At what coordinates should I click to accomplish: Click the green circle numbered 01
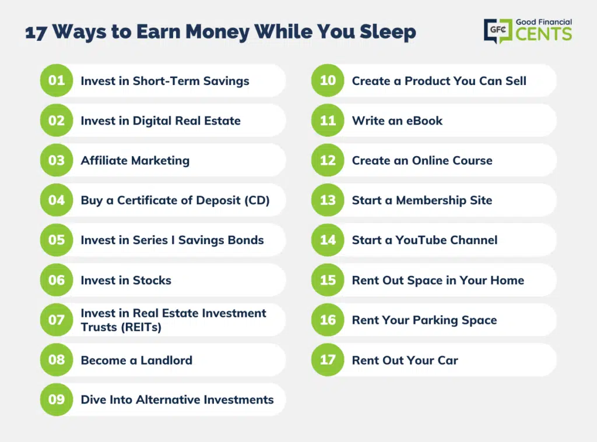point(57,80)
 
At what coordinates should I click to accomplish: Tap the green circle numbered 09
point(57,399)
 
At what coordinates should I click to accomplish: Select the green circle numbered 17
point(328,359)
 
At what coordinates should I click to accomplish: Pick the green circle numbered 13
point(328,200)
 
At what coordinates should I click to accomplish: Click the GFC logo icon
point(498,31)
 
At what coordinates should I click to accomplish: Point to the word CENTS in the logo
point(544,34)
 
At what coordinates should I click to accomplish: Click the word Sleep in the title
point(388,33)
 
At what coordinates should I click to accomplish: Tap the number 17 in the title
point(36,33)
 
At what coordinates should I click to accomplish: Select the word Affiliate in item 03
point(104,160)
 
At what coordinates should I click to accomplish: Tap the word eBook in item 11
point(424,121)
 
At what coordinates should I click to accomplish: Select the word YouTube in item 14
point(419,240)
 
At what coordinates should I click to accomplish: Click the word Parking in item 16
point(435,320)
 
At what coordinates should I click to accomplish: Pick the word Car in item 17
point(448,360)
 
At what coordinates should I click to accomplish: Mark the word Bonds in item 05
point(246,240)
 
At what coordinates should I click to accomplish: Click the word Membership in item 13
point(431,200)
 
